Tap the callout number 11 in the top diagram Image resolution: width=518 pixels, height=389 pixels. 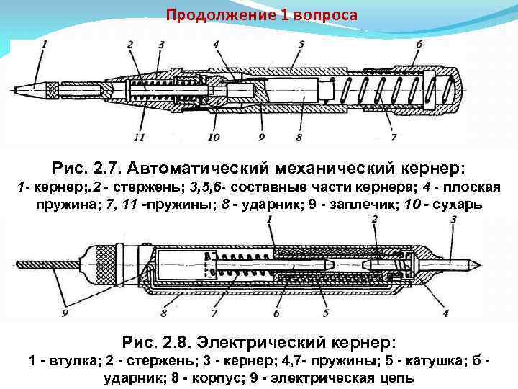click(139, 136)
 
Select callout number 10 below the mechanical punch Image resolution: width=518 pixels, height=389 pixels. click(214, 136)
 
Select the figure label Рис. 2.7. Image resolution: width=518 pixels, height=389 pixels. click(87, 168)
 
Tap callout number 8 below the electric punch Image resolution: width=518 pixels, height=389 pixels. click(163, 314)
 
